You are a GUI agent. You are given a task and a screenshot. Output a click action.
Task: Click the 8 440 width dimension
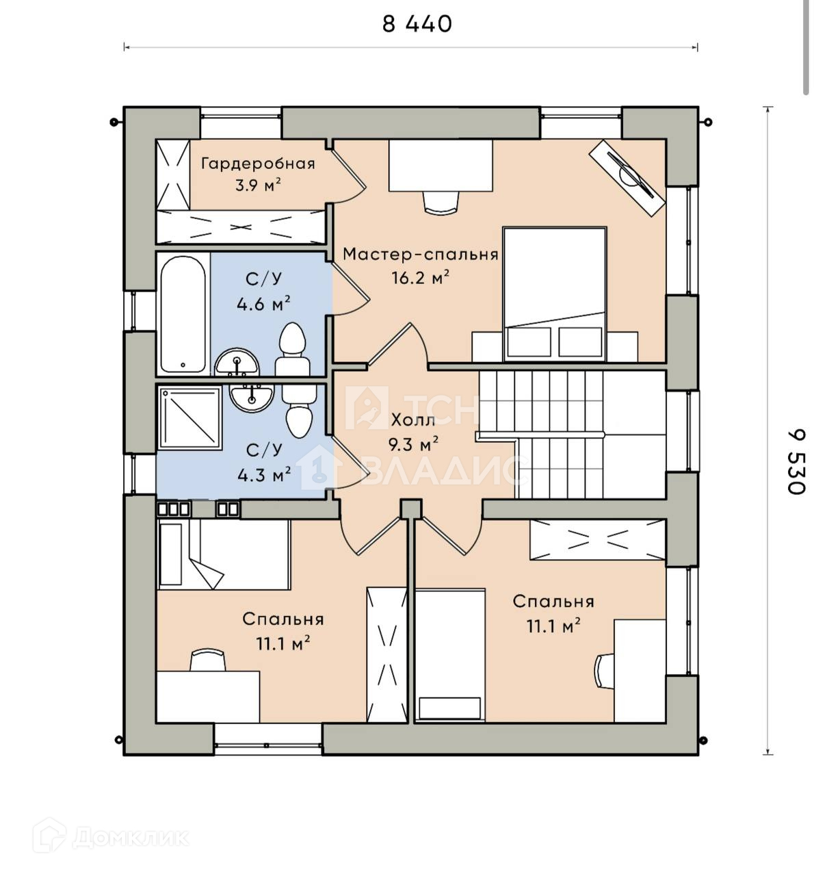417,24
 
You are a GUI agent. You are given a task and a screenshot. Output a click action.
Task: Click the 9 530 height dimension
796,462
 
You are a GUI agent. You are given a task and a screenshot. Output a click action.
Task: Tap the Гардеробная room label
258,164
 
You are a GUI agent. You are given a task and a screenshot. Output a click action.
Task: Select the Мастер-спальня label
420,255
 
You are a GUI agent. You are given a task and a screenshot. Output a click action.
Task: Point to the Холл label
412,420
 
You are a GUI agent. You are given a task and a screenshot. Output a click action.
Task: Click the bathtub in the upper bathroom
183,314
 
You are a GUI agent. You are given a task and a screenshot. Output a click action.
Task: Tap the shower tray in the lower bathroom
190,417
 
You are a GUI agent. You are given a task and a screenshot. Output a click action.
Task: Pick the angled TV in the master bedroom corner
627,178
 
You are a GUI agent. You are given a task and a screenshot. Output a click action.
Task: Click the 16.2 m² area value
421,277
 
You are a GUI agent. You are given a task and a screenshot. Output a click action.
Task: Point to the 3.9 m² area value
258,185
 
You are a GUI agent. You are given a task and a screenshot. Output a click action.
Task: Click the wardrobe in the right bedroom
597,540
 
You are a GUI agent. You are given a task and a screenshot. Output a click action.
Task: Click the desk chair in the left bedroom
208,660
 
